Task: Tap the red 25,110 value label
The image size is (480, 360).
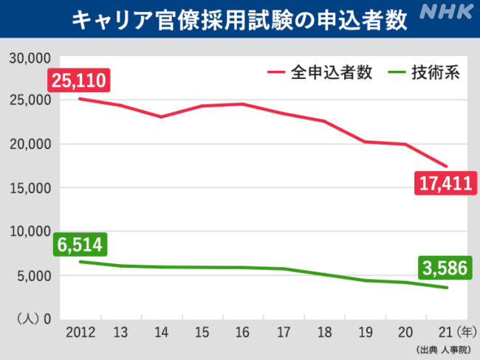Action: click(x=79, y=80)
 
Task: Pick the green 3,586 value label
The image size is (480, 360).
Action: click(x=445, y=267)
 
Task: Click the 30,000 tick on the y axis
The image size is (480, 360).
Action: click(x=29, y=57)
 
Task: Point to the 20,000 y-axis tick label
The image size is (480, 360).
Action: click(x=29, y=144)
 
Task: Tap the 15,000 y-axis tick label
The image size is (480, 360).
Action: click(x=29, y=188)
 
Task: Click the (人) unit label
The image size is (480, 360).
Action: click(x=27, y=319)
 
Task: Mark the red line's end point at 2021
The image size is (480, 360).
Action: click(x=446, y=166)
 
